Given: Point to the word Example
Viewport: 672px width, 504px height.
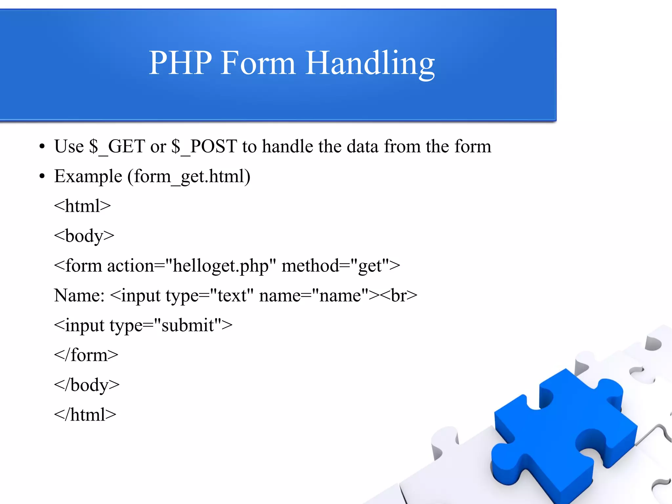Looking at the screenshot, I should pos(88,177).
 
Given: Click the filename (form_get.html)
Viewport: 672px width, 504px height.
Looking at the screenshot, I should pos(189,177).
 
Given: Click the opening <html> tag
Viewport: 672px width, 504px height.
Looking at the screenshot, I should pos(82,206).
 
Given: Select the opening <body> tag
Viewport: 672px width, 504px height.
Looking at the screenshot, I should pos(84,236).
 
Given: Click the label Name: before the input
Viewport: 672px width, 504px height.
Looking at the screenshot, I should pos(79,296).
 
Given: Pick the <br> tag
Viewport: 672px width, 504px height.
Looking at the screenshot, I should pos(399,296).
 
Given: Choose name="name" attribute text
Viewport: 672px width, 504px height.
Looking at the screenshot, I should pos(313,296).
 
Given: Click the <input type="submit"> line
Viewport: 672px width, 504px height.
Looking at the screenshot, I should pos(143,325).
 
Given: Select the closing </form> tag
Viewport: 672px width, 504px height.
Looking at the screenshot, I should pos(86,355).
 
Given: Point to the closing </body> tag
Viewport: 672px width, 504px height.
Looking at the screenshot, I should pos(87,385).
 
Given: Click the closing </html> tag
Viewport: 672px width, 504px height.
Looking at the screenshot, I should pos(85,415).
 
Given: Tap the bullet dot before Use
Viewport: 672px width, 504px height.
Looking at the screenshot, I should pos(42,147).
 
